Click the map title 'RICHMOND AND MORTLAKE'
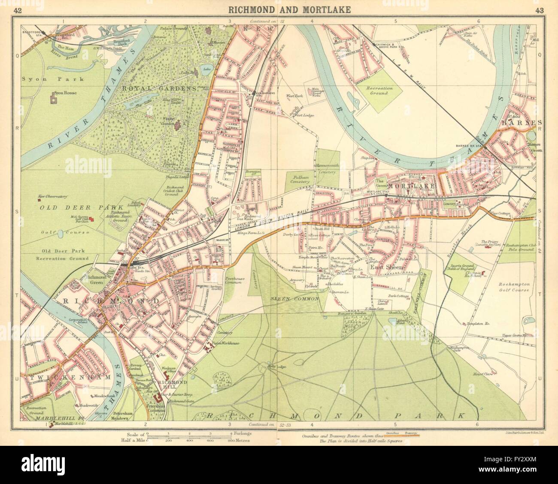[x=279, y=9]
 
